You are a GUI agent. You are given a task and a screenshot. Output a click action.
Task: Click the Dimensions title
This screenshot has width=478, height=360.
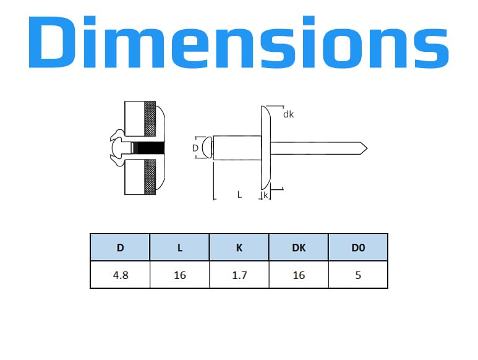pos(239,42)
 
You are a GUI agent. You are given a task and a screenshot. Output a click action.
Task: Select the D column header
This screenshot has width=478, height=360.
pos(120,247)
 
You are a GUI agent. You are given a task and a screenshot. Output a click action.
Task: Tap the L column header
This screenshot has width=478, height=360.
pos(180,247)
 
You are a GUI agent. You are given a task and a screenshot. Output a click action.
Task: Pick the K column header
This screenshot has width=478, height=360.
pos(239,247)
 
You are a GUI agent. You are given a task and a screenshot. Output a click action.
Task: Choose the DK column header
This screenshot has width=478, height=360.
pos(299,247)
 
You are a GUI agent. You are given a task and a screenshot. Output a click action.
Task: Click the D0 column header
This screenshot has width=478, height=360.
pos(358,247)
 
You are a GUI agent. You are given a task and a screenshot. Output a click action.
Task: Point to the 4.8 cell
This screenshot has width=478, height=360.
pos(121,275)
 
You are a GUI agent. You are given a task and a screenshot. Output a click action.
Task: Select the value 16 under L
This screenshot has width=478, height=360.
pos(180,275)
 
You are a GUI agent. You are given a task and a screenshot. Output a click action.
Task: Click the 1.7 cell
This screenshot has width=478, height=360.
pos(239,275)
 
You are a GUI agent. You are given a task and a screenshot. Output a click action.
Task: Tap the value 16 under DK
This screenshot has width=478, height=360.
pos(299,275)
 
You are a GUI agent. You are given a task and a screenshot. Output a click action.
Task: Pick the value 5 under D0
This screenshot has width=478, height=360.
pos(358,275)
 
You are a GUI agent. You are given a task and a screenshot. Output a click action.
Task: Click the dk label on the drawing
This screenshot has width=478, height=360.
pos(288,114)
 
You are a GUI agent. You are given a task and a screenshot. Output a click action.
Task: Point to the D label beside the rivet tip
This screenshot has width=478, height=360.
pos(195,148)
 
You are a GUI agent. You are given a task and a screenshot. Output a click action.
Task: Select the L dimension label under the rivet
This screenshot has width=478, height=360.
pos(239,194)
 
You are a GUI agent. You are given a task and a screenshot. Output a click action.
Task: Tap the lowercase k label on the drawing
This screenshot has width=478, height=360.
pos(266,195)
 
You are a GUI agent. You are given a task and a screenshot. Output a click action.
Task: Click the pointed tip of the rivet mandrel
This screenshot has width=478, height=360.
pos(367,148)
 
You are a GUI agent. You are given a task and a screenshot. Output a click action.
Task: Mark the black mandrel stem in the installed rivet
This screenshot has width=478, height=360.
pos(150,148)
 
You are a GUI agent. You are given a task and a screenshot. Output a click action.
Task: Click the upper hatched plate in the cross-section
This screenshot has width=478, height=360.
pos(150,119)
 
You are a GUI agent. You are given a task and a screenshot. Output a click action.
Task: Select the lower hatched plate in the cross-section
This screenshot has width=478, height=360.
pos(150,177)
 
